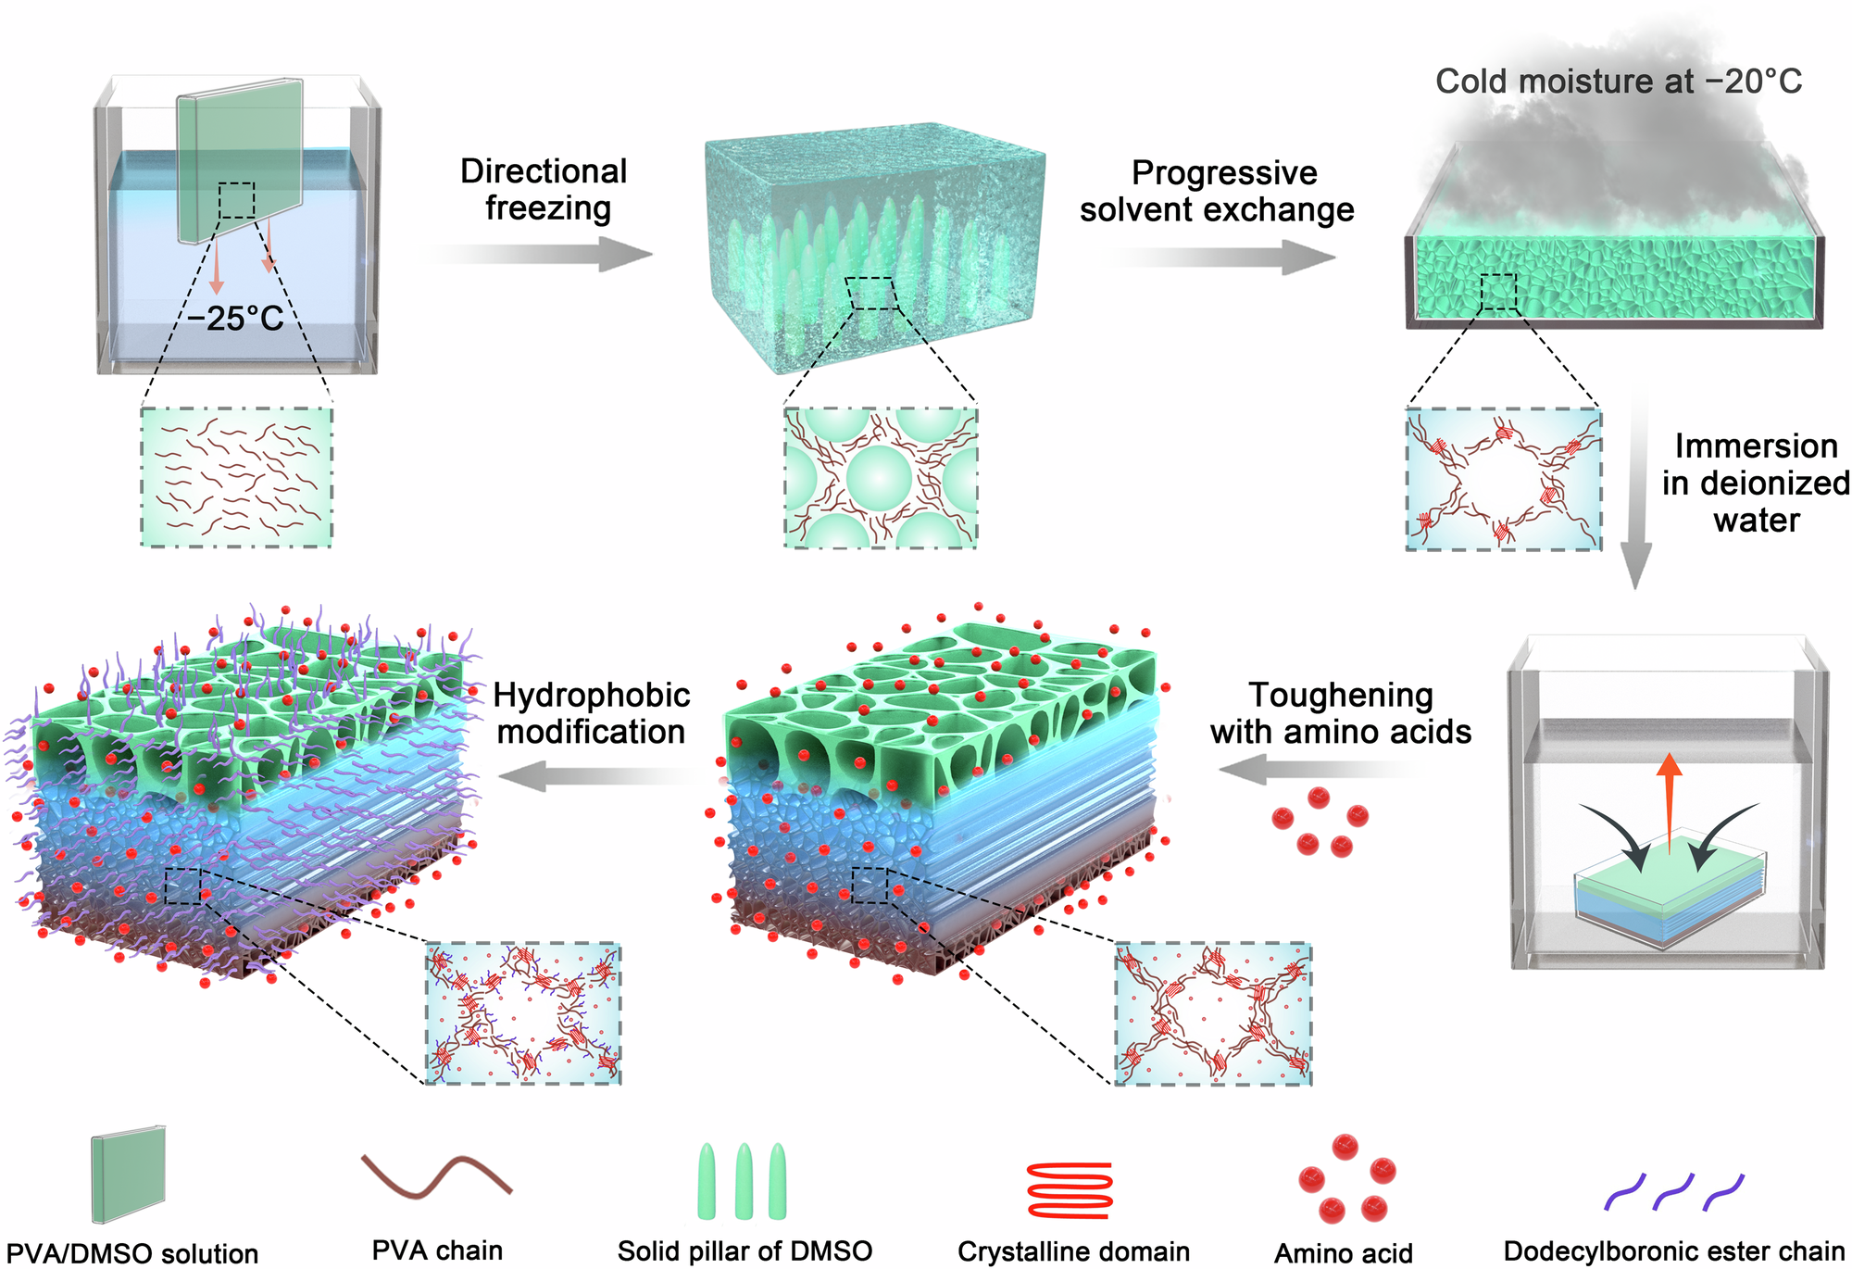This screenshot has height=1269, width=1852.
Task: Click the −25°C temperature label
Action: pos(236,320)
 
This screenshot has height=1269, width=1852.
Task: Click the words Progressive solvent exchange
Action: pos(1218,192)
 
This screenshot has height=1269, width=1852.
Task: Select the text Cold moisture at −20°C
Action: pos(1618,82)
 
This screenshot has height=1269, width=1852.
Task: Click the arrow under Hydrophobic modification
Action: pos(593,775)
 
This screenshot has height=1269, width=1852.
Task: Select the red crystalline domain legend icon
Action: pos(1070,1190)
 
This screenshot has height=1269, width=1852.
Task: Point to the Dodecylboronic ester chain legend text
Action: pos(1674,1251)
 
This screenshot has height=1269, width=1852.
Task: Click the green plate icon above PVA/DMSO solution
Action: pos(129,1174)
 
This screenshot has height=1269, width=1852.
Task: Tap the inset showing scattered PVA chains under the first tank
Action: pos(236,477)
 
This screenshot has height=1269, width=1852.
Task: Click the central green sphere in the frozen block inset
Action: pos(879,478)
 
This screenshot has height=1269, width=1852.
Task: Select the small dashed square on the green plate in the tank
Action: pos(237,200)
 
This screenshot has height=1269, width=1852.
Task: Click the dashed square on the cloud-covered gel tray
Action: pos(1498,292)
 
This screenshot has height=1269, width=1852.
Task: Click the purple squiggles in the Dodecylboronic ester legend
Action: pos(1673,1192)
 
